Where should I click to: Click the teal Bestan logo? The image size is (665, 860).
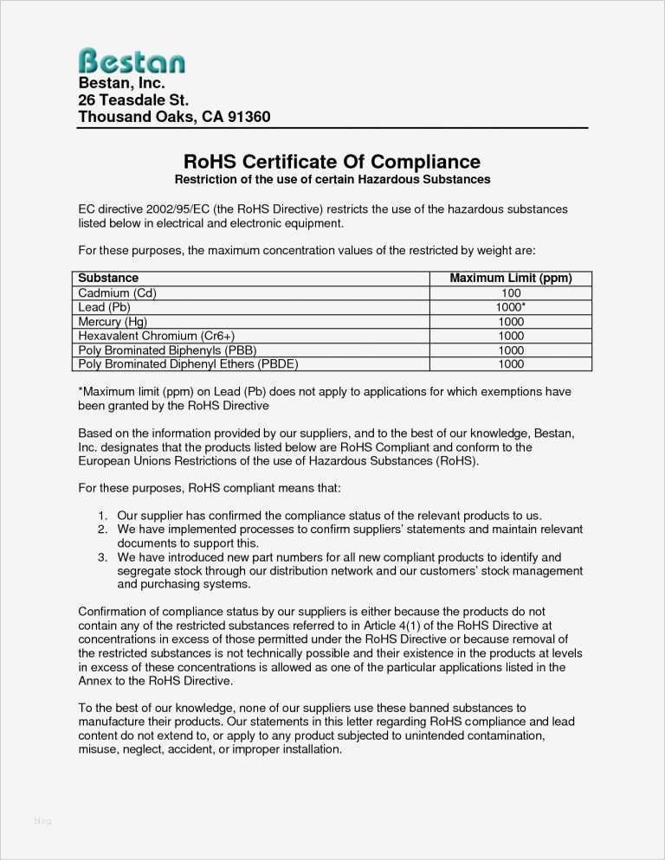(132, 61)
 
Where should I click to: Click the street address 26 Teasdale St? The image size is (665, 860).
(133, 100)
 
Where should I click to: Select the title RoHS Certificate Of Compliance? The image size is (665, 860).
(332, 162)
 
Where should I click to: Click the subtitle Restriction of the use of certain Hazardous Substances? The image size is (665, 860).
(332, 180)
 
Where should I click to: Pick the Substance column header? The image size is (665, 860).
(108, 279)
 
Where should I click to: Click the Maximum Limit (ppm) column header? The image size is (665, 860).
(510, 279)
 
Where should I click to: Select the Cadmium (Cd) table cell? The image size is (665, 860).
(117, 293)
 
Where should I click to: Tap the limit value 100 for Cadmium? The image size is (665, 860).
(511, 293)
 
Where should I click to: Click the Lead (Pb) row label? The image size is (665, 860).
(104, 307)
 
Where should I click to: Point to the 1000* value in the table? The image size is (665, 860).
(511, 307)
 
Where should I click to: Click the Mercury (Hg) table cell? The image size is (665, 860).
(113, 322)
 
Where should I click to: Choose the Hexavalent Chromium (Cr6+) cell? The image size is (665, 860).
(157, 336)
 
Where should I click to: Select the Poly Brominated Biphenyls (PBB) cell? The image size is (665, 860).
(167, 350)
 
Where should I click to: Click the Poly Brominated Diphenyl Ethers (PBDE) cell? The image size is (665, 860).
(188, 364)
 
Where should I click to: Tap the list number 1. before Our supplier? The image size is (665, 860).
(102, 516)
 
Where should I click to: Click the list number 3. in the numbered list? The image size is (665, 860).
(102, 557)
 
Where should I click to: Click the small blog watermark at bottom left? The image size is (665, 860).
(42, 821)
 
